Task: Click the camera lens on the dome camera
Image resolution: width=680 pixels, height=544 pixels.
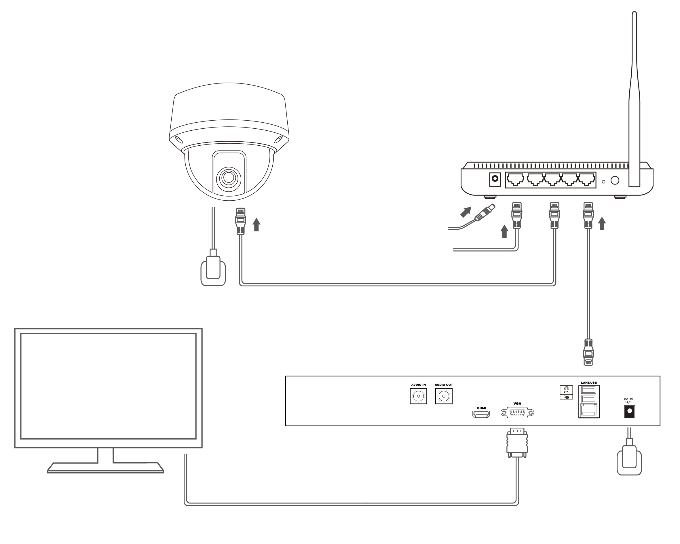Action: [229, 178]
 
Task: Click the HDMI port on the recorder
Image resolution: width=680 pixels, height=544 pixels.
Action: [481, 414]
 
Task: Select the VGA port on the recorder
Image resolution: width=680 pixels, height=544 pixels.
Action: [517, 412]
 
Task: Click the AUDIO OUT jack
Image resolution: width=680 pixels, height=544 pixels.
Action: [443, 396]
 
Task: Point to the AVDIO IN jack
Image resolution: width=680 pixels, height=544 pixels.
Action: [418, 396]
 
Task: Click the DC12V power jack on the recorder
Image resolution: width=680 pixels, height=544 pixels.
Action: [630, 412]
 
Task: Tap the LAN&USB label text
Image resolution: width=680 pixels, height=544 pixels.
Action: [588, 383]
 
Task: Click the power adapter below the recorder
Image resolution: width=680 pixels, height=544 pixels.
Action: [629, 459]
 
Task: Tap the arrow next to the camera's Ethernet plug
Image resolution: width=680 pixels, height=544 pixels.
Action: [257, 224]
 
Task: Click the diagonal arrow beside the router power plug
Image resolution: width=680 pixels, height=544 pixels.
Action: [466, 212]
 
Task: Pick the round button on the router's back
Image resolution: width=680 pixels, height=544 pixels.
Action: [615, 180]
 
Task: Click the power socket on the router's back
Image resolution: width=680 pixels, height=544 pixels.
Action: [495, 179]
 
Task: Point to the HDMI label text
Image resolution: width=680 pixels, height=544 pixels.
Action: [481, 408]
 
